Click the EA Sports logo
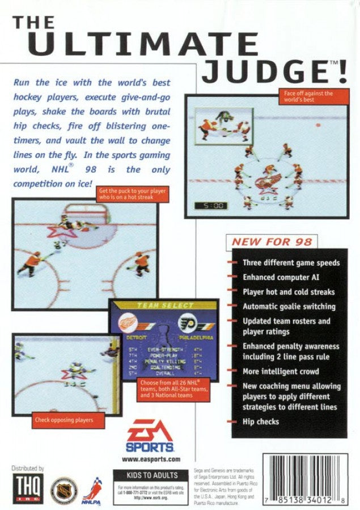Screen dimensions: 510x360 (151, 436)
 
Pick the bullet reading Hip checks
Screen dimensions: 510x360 (261, 422)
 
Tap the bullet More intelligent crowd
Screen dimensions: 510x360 (281, 372)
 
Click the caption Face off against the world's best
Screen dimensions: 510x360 (306, 96)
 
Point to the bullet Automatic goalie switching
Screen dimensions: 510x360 (289, 307)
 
